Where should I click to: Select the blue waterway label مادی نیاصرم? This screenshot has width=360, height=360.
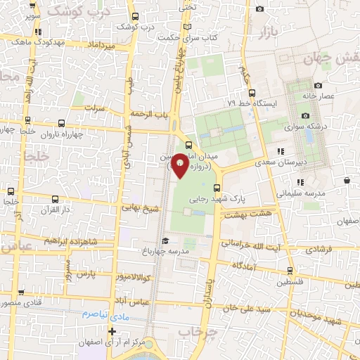[104, 314]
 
